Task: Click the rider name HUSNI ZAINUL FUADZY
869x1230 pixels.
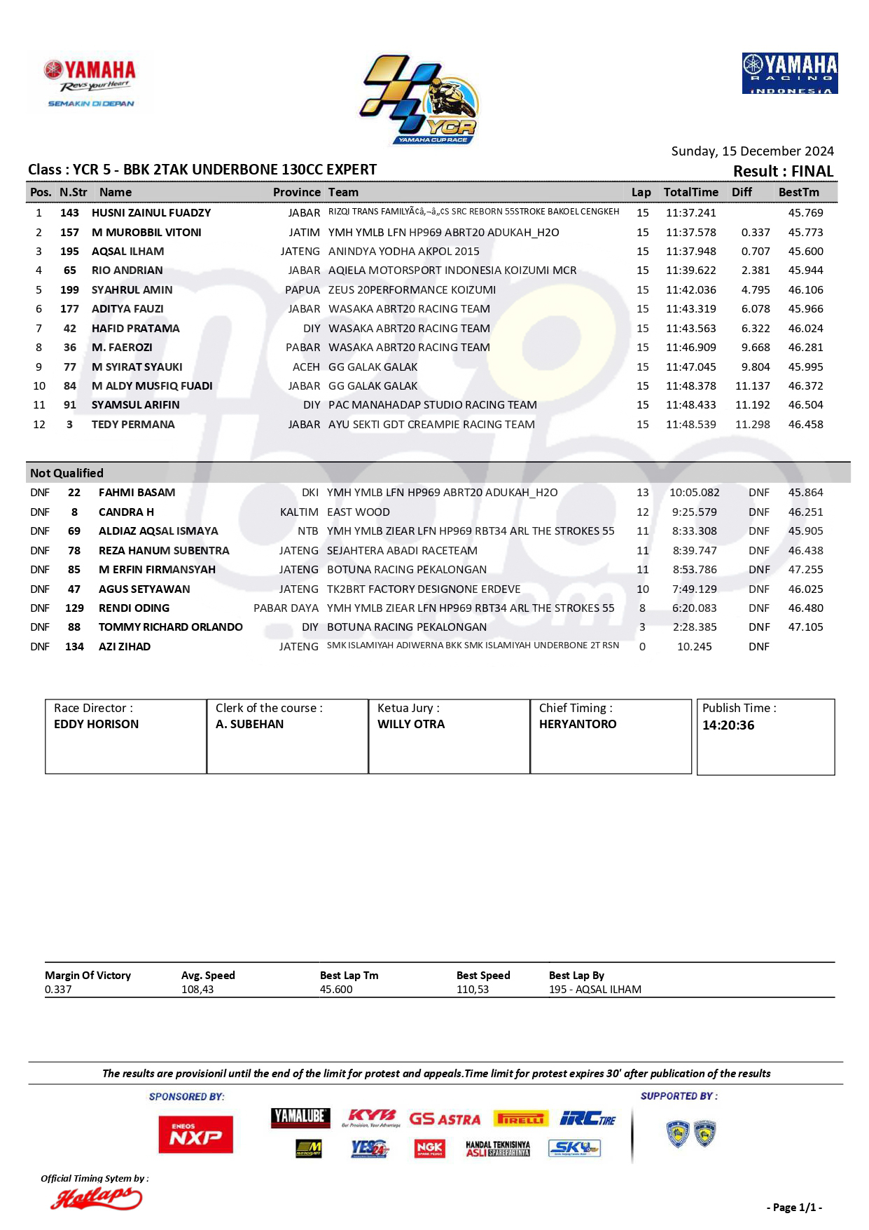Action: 151,213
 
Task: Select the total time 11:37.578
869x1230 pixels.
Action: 690,232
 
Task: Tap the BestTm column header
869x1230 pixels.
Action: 798,192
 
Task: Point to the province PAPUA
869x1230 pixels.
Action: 302,290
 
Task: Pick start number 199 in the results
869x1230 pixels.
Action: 69,290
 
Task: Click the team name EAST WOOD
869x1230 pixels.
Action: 359,512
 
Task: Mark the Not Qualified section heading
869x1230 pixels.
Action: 67,473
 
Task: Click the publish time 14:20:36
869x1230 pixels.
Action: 728,725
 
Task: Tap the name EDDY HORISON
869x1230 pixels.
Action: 96,724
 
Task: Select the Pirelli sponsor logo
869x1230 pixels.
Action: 520,1119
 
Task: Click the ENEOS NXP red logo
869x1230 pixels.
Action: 195,1134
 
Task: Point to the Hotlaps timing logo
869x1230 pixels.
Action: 96,1199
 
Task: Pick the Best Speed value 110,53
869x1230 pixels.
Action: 473,990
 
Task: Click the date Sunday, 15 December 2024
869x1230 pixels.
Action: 752,151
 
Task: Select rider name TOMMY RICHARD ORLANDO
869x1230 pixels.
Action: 170,627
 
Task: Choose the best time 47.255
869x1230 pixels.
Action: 805,570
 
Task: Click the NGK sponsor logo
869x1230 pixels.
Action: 429,1148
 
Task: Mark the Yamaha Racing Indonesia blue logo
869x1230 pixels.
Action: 790,73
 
